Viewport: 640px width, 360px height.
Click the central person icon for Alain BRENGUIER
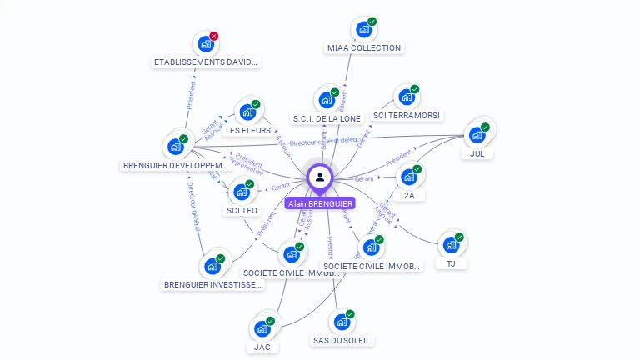tap(320, 177)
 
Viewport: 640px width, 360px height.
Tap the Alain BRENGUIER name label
tap(320, 203)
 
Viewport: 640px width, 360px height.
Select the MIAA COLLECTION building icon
tap(363, 30)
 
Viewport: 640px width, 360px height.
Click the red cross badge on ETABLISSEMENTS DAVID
tap(214, 36)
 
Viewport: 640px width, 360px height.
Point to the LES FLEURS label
tap(248, 131)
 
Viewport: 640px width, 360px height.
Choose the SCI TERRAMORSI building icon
tap(406, 98)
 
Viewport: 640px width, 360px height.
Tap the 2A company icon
tap(408, 177)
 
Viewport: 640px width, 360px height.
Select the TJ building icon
tap(451, 245)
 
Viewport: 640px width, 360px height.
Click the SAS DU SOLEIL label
tap(342, 340)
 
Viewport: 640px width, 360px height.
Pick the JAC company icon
tap(262, 328)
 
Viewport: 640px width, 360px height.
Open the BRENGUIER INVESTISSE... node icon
tap(212, 267)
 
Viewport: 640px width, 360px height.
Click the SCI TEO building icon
tap(242, 192)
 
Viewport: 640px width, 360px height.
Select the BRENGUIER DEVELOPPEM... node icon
tap(175, 147)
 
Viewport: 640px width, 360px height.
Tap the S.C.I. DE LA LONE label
tap(327, 118)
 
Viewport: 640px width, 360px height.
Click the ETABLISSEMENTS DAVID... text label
tap(207, 62)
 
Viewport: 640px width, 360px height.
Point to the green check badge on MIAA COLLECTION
tap(372, 22)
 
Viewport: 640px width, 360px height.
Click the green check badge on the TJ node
tap(460, 236)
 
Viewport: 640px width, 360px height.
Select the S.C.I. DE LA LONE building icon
tap(326, 101)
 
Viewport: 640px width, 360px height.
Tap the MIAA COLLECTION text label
tap(363, 48)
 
